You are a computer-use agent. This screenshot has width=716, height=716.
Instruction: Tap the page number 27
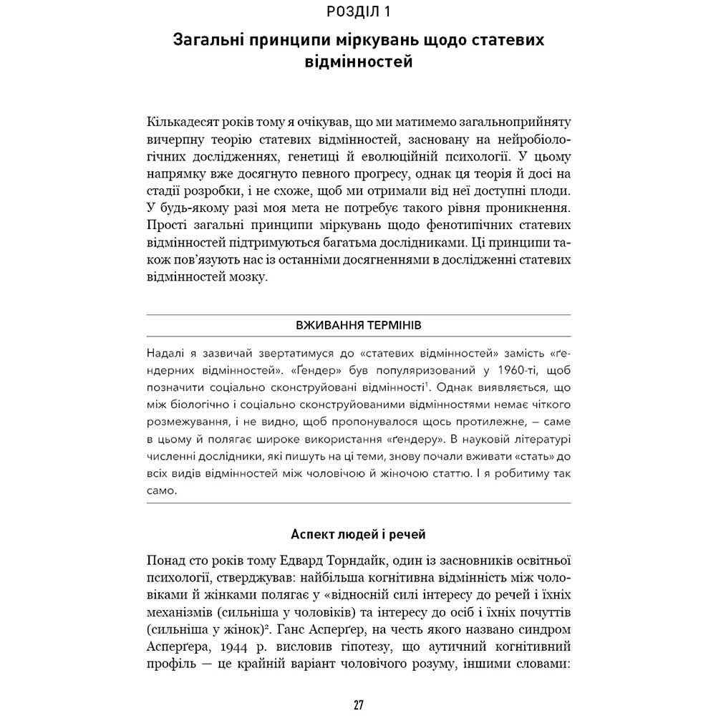(x=358, y=705)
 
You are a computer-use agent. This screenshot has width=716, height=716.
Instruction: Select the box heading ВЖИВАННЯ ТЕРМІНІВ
(x=358, y=325)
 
